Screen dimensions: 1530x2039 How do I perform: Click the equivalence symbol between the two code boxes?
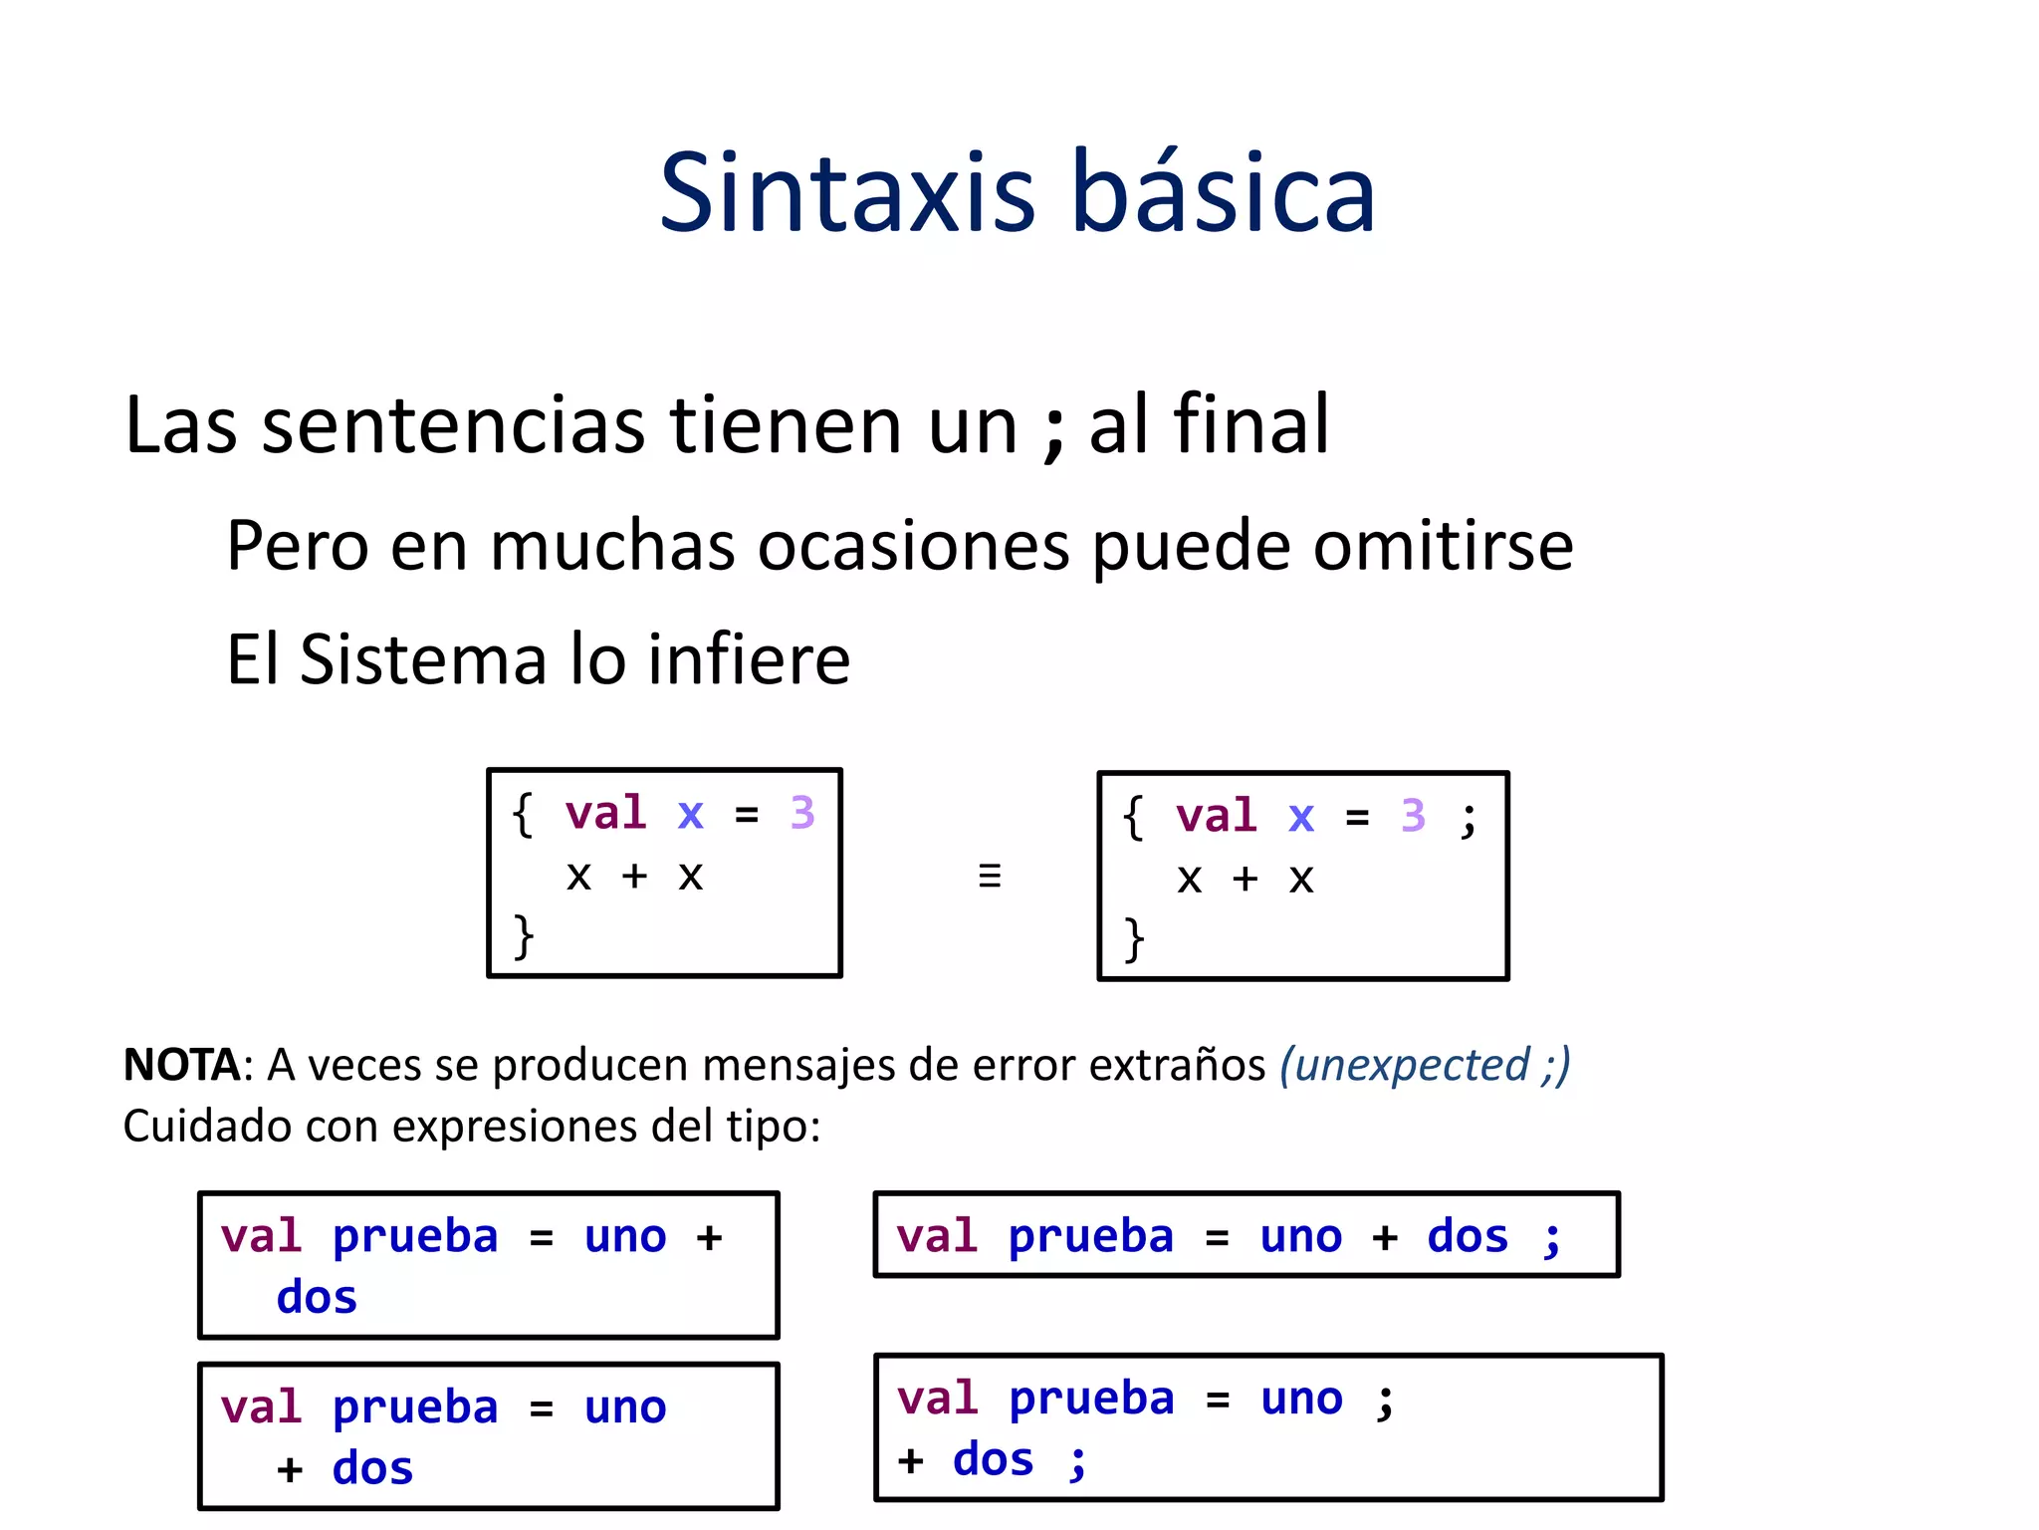989,876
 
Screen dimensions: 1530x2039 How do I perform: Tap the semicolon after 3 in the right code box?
1468,820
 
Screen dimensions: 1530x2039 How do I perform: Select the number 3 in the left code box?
802,813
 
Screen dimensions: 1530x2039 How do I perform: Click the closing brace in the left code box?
524,936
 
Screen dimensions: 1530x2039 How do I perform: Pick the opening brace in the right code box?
1133,818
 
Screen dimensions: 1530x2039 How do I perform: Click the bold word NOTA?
180,1065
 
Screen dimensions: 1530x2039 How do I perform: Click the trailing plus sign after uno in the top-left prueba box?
709,1237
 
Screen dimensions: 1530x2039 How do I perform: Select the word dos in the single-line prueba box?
1468,1236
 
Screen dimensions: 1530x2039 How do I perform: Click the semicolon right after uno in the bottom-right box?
1385,1400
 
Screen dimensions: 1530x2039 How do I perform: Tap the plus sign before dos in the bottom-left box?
290,1469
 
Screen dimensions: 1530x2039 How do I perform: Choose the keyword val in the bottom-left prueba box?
261,1407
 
